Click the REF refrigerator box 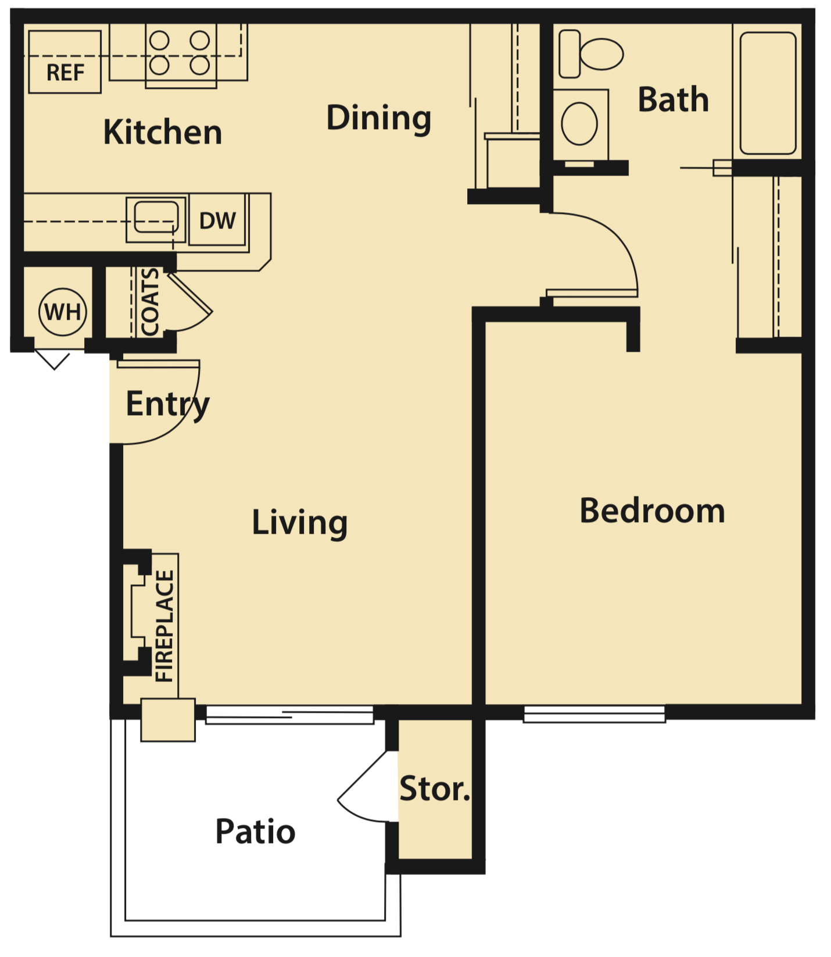(x=65, y=62)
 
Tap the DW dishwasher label (x=217, y=221)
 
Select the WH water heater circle (x=63, y=312)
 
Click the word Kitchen (x=163, y=133)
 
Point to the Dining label (x=378, y=118)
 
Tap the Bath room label (x=673, y=100)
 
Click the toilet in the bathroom (x=591, y=54)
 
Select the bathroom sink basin (x=579, y=124)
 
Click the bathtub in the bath (x=768, y=93)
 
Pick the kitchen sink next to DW (x=156, y=219)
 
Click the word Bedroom (x=652, y=511)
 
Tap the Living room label (x=299, y=522)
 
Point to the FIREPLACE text (x=164, y=626)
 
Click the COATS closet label (x=149, y=302)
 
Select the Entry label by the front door (x=167, y=404)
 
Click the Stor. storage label (x=435, y=789)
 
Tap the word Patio (x=255, y=831)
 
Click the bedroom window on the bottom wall (x=594, y=714)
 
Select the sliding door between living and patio (x=289, y=715)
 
